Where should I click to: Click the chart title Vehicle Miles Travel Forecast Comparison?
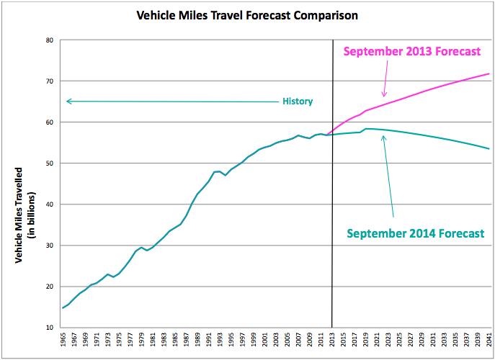(x=247, y=14)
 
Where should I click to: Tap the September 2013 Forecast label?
(x=412, y=52)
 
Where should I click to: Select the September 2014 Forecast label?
(x=414, y=233)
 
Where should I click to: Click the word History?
(x=297, y=102)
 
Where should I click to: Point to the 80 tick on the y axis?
(x=50, y=40)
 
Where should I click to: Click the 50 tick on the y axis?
(x=50, y=163)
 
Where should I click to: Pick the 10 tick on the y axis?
(x=50, y=328)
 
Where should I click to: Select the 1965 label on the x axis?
(x=63, y=342)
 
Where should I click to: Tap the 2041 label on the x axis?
(x=489, y=342)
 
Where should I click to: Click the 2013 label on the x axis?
(x=332, y=342)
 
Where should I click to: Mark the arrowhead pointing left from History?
(x=67, y=101)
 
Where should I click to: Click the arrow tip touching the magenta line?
(x=384, y=96)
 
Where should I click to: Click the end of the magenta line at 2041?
(x=489, y=73)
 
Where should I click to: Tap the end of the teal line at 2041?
(x=489, y=149)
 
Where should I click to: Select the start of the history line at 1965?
(x=63, y=307)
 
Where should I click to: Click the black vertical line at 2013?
(x=332, y=216)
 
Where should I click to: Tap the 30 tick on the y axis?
(x=50, y=246)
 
